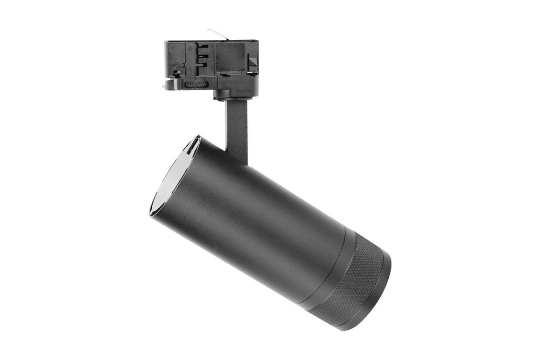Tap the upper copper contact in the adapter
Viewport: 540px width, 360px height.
[204, 47]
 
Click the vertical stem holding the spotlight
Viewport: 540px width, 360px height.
[236, 121]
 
